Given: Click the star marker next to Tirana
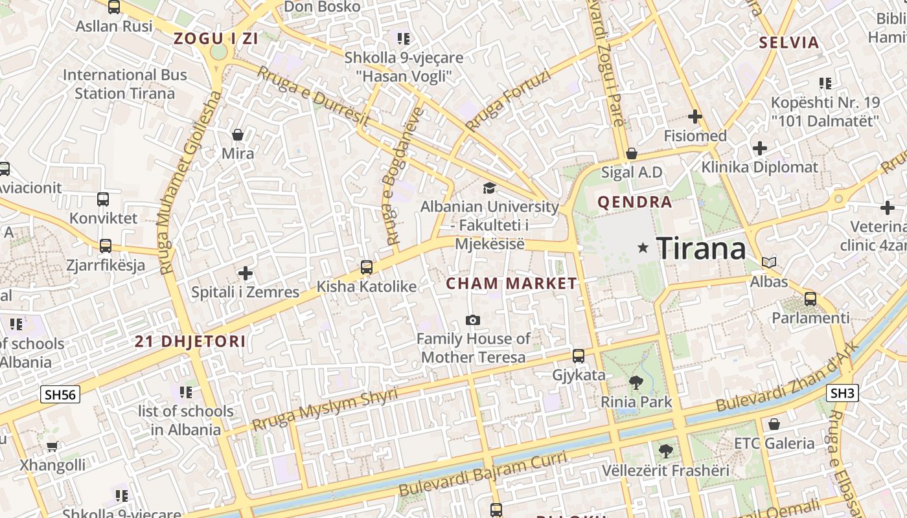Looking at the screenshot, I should [x=643, y=247].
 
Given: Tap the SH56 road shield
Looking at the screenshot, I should [x=60, y=394].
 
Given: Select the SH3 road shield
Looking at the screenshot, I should [x=843, y=392].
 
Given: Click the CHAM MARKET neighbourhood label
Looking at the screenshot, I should [x=511, y=283].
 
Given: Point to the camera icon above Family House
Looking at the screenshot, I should [x=473, y=320].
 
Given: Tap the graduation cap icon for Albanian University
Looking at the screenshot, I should [x=489, y=188].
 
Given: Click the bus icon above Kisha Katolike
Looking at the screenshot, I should [x=366, y=267].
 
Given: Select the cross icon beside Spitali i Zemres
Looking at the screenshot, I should [x=245, y=273].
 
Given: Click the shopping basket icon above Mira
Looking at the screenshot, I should [x=238, y=135].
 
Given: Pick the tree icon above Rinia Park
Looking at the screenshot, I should [x=636, y=382].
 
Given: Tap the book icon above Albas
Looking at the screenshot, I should [x=769, y=262].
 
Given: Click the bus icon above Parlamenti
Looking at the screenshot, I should [x=810, y=298].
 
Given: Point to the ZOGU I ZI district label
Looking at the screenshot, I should [x=216, y=39].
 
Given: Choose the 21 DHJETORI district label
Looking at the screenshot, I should [x=190, y=341].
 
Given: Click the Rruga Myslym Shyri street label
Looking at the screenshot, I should [x=325, y=409].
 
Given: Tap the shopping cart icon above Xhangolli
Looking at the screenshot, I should [x=52, y=446].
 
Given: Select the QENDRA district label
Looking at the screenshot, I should [x=635, y=202].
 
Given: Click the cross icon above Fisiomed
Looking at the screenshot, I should [x=695, y=117].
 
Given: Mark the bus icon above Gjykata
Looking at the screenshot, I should [x=579, y=355].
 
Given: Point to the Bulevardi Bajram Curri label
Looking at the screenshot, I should [x=483, y=475].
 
